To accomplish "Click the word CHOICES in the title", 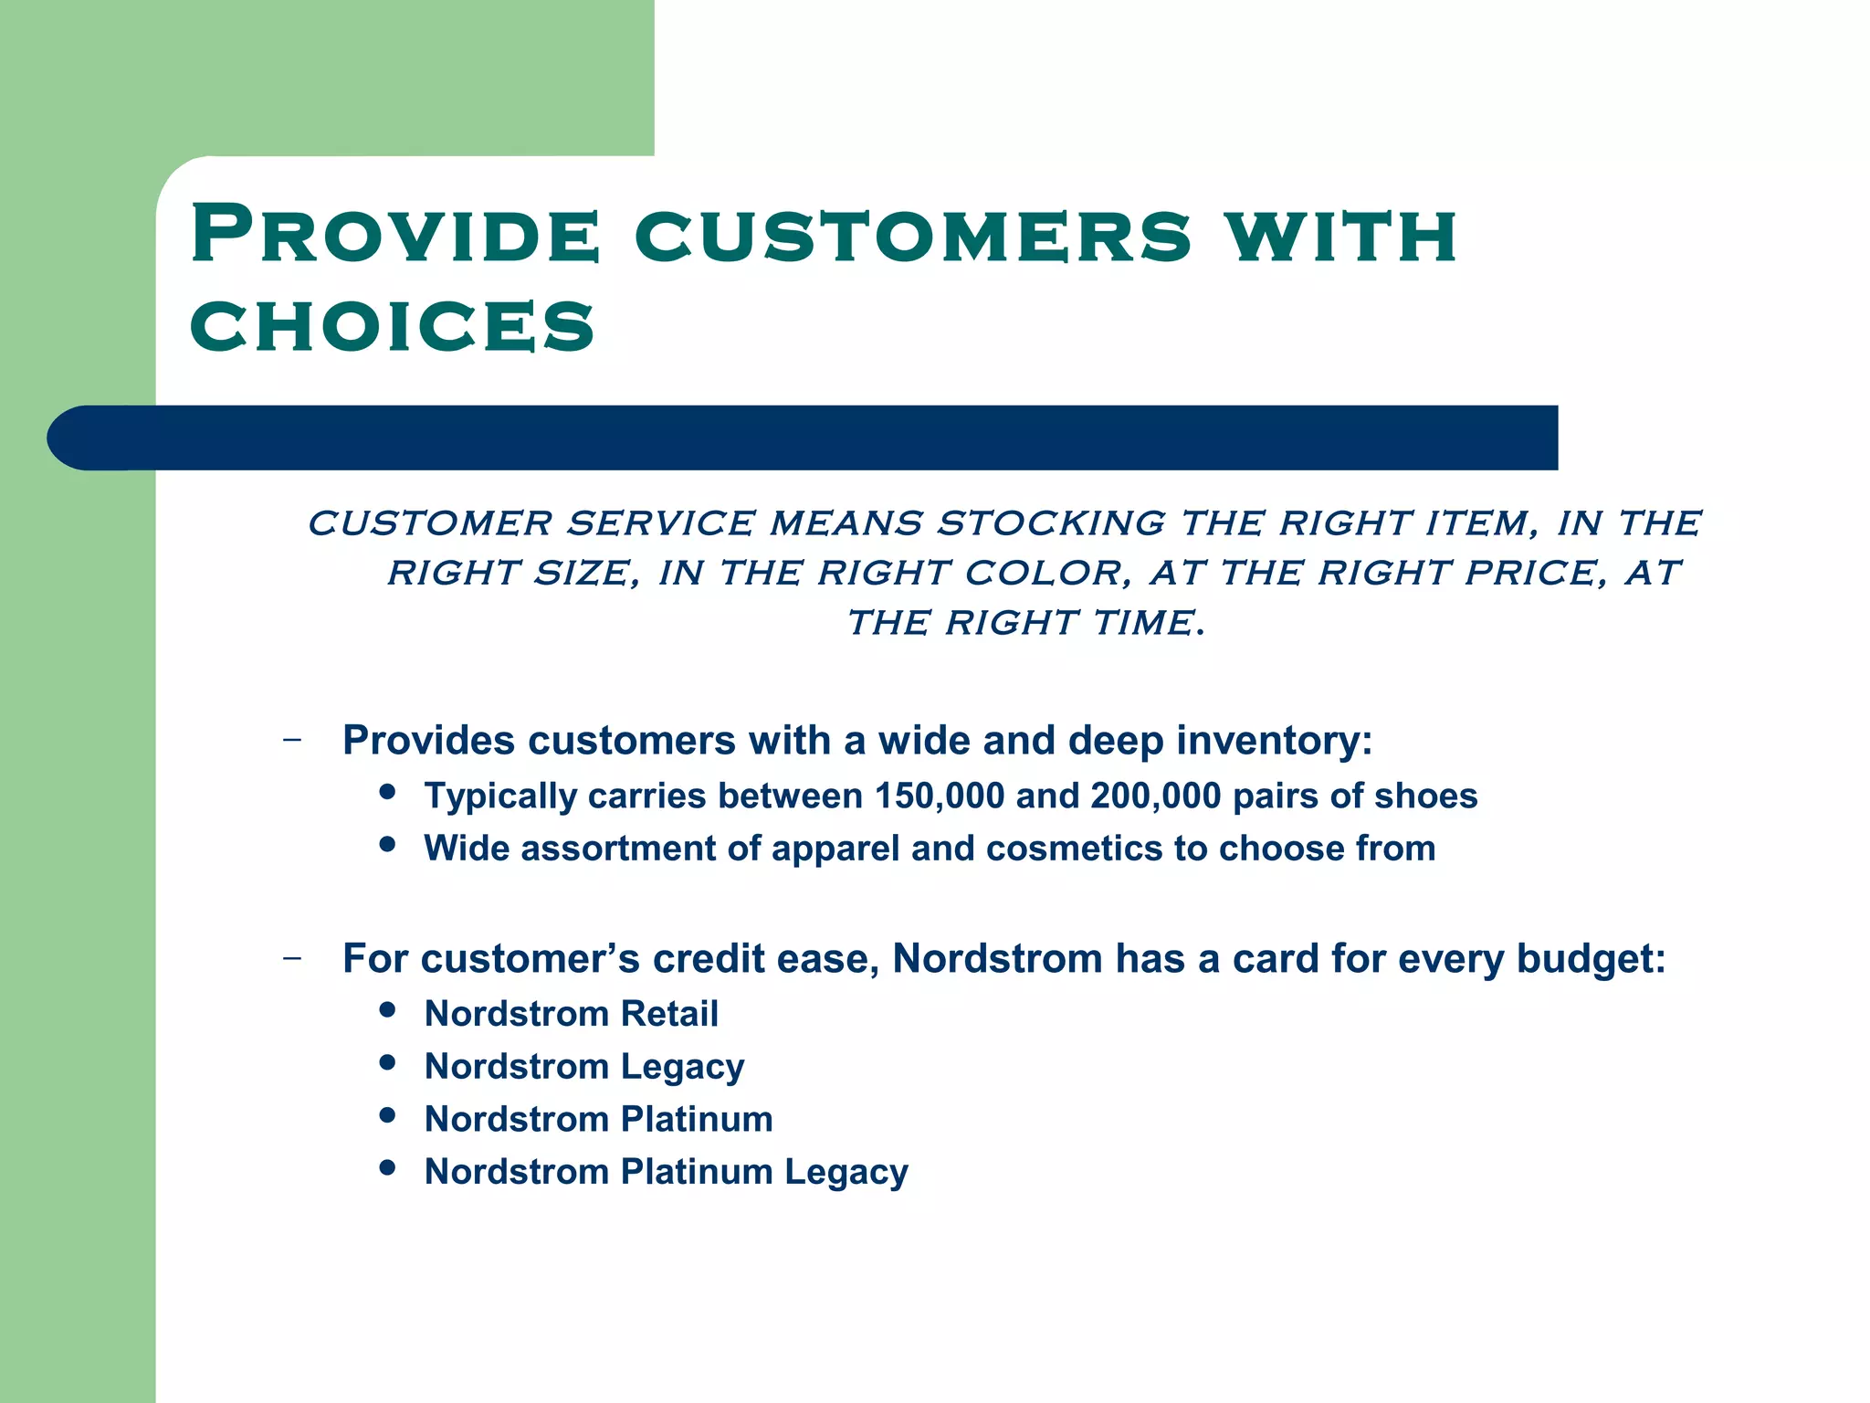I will coord(393,326).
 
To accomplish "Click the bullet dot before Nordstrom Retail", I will coord(387,1009).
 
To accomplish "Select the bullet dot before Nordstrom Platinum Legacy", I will coord(387,1167).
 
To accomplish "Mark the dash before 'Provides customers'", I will coord(292,740).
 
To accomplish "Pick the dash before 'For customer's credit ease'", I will coord(292,959).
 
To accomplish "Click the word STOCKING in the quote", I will coord(1051,523).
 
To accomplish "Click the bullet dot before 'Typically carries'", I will coord(387,792).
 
